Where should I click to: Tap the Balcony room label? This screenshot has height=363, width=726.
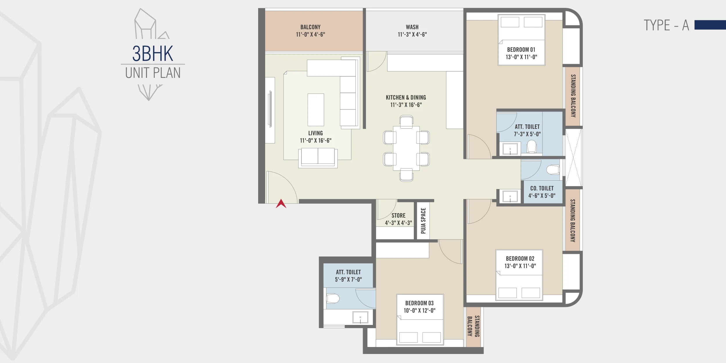[x=310, y=27]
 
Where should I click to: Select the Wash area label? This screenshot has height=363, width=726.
[x=412, y=27]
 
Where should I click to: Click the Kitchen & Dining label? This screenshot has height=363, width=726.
[x=406, y=98]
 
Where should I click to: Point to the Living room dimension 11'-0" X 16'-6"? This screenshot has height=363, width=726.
[x=315, y=141]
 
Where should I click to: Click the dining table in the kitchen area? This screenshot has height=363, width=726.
[x=406, y=148]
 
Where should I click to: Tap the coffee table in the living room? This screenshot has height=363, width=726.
[x=316, y=110]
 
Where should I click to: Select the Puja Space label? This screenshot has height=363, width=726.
[x=423, y=221]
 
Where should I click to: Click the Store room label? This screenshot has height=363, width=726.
[x=398, y=215]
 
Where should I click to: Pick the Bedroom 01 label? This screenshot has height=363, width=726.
[x=521, y=50]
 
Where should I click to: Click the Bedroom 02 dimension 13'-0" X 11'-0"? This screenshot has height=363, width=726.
[x=520, y=266]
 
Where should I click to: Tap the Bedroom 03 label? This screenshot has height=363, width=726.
[x=419, y=303]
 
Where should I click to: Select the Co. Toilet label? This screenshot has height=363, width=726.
[x=542, y=188]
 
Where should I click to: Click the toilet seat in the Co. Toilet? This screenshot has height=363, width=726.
[x=553, y=170]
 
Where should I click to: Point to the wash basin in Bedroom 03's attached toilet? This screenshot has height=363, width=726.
[x=360, y=317]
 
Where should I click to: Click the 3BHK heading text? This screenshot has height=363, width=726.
[x=153, y=54]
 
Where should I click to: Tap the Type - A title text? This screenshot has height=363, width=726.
[x=666, y=25]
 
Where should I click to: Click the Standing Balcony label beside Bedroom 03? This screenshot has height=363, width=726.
[x=473, y=326]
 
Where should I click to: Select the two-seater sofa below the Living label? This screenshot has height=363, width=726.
[x=318, y=158]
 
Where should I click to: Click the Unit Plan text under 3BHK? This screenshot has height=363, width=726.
[x=153, y=73]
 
